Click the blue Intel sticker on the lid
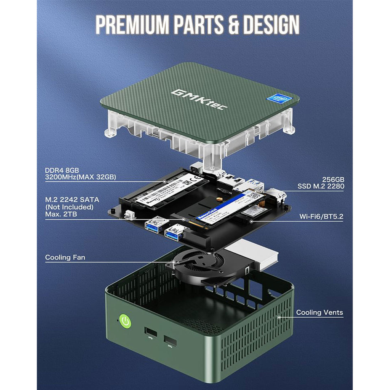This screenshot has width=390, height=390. point(277,99)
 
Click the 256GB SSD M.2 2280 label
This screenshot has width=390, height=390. point(321,183)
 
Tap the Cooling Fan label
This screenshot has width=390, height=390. point(65,257)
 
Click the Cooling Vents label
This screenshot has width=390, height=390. point(319,312)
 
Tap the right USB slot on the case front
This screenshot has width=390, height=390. point(170,341)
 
